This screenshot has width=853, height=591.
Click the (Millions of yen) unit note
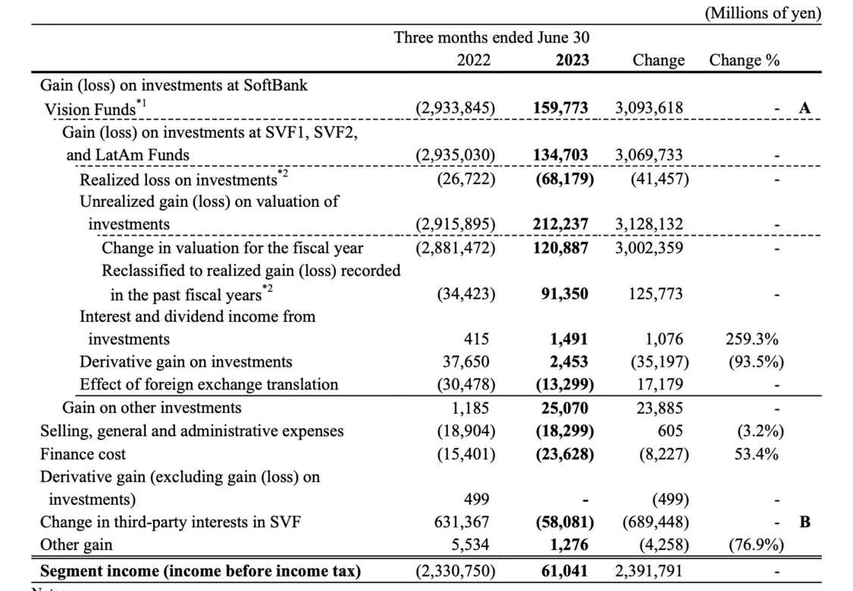click(763, 13)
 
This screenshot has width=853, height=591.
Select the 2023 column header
click(572, 60)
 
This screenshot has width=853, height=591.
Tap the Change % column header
click(745, 60)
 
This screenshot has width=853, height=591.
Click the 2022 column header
click(473, 60)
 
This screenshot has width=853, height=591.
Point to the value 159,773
click(560, 108)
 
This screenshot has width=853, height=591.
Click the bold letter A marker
click(804, 108)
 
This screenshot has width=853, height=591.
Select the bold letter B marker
click(804, 522)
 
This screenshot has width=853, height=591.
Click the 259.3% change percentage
click(752, 339)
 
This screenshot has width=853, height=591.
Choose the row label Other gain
click(76, 545)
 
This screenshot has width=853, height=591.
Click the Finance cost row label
click(83, 454)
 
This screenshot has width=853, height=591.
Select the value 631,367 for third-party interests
click(461, 522)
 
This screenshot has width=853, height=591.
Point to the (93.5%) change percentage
click(756, 362)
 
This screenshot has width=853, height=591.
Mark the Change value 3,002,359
click(649, 248)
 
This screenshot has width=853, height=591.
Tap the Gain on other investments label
click(152, 408)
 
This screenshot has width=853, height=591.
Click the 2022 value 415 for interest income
click(476, 339)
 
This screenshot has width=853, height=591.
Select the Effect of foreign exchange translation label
click(209, 384)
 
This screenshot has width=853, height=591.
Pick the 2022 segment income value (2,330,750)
click(456, 571)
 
